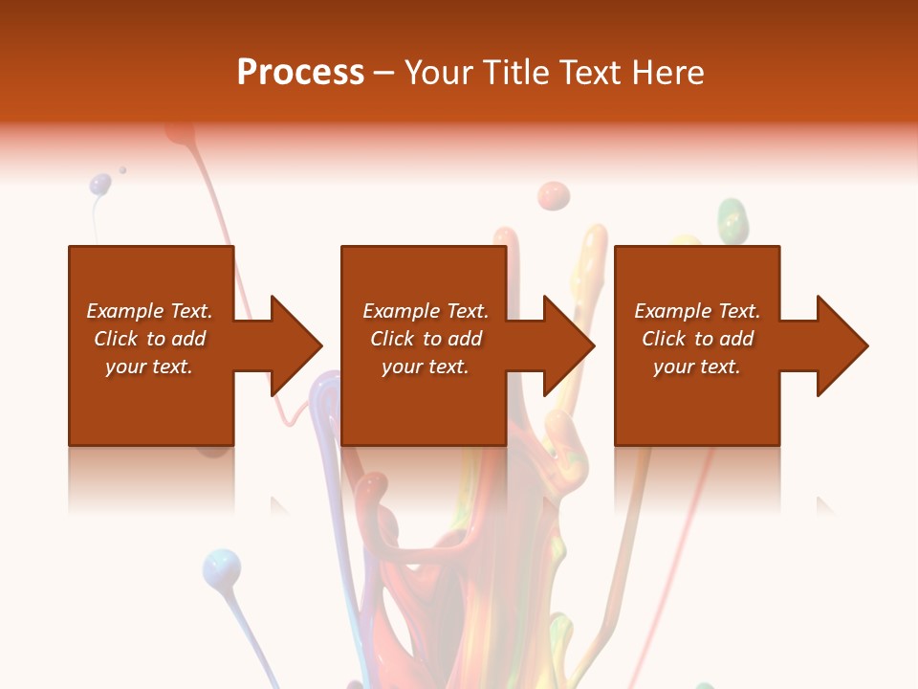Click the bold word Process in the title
[x=300, y=73]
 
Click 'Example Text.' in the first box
[x=149, y=311]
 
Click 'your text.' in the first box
[x=149, y=367]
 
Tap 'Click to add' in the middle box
[x=426, y=339]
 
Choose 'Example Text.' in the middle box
[x=426, y=311]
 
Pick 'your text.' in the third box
[x=697, y=367]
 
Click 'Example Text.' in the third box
[x=697, y=311]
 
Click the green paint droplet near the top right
[x=732, y=219]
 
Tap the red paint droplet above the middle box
[x=553, y=196]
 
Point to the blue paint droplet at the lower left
[x=221, y=567]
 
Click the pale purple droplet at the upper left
[x=100, y=184]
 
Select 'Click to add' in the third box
[x=697, y=339]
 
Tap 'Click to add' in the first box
[x=149, y=339]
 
